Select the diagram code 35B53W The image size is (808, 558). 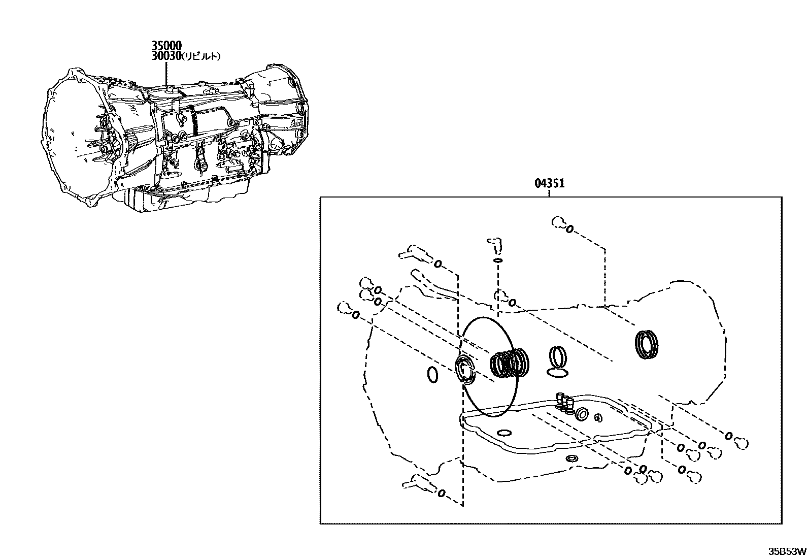(787, 551)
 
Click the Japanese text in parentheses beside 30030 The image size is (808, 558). (201, 56)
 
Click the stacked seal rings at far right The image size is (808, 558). (647, 345)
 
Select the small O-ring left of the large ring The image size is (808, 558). (432, 375)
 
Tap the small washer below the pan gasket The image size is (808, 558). (572, 459)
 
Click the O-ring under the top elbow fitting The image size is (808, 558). (498, 260)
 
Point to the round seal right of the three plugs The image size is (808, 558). (582, 415)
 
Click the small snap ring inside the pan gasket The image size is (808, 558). (598, 418)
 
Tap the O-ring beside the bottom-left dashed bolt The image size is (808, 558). (441, 493)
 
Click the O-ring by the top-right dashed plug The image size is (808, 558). (569, 229)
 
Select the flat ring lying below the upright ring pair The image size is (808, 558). (558, 373)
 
